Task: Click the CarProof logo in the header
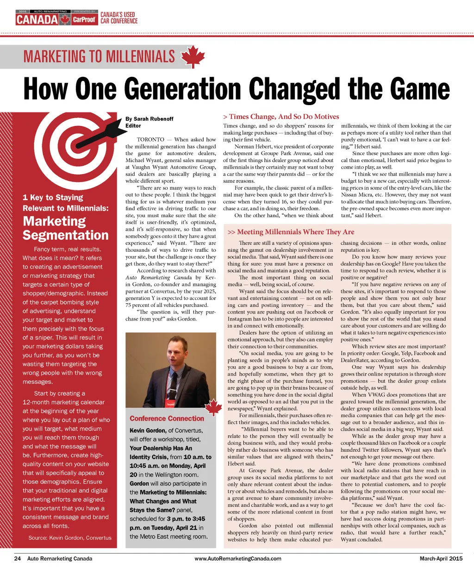pyautogui.click(x=85, y=20)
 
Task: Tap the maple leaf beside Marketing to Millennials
pyautogui.click(x=193, y=57)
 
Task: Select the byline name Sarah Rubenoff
pyautogui.click(x=153, y=119)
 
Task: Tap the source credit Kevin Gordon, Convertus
pyautogui.click(x=70, y=538)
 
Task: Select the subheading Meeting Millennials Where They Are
pyautogui.click(x=291, y=232)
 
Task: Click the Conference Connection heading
pyautogui.click(x=167, y=418)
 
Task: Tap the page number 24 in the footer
pyautogui.click(x=18, y=558)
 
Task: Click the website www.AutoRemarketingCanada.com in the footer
pyautogui.click(x=238, y=558)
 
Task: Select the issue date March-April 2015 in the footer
pyautogui.click(x=441, y=558)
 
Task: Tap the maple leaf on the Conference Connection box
pyautogui.click(x=213, y=407)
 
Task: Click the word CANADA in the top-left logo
pyautogui.click(x=37, y=20)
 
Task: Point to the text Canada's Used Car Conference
pyautogui.click(x=119, y=18)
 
